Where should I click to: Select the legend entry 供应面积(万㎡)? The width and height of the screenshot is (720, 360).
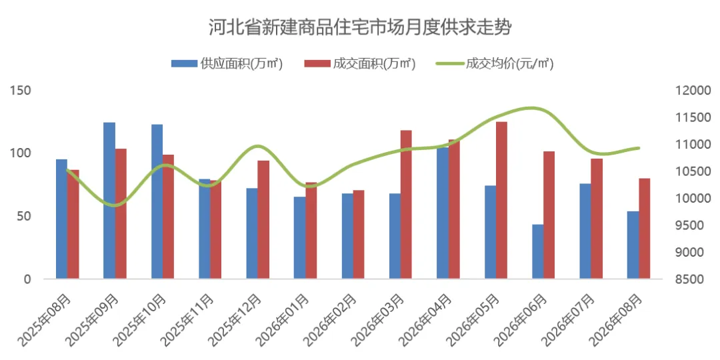pos(227,64)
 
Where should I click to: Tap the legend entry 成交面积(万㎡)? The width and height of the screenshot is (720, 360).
pos(360,64)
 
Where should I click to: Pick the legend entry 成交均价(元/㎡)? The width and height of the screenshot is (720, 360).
pos(495,64)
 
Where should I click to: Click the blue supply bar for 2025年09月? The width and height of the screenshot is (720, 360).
pos(109,200)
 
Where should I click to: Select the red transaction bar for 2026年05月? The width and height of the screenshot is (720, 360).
pos(501,200)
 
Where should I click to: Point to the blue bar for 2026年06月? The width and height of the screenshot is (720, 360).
pos(538,251)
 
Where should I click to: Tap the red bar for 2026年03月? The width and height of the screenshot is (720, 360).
pos(406,205)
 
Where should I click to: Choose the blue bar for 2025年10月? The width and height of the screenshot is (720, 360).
pos(157,201)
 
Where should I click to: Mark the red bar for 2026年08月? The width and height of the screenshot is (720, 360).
pos(644,229)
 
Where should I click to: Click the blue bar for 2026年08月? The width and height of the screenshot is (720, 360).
pos(633,245)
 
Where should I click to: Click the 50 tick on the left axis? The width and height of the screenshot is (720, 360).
pos(23,216)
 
